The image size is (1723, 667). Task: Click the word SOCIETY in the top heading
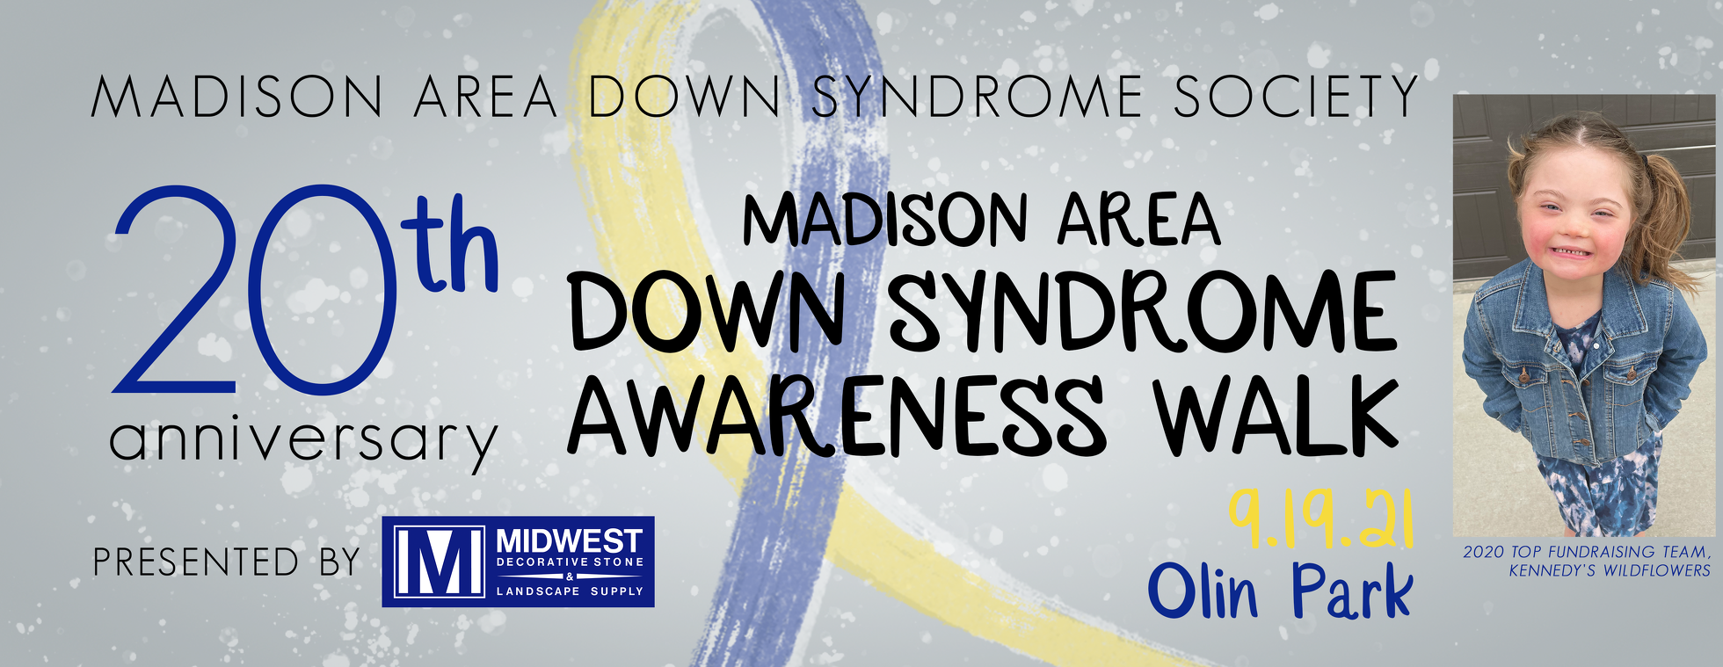(1295, 97)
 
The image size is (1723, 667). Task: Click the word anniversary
(303, 439)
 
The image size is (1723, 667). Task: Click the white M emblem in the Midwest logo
(439, 562)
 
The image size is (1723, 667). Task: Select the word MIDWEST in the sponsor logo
(570, 540)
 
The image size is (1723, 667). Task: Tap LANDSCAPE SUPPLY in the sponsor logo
(570, 591)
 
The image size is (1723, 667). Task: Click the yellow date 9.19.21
(1320, 519)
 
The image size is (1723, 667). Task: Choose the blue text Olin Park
(1279, 591)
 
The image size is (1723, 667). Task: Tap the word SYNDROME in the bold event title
(1143, 312)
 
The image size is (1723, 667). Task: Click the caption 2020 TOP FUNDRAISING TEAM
(1587, 552)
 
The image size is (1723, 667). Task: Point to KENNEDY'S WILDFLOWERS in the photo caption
(1610, 570)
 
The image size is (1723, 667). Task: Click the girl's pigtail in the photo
(1675, 220)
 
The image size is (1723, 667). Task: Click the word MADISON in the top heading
(237, 97)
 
